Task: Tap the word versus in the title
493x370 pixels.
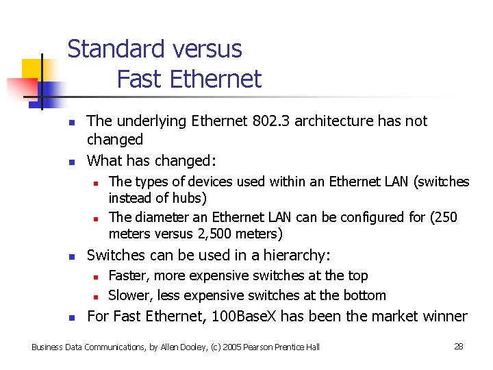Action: tap(208, 49)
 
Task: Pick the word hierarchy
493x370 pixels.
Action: tap(296, 256)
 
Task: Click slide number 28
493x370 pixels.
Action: tap(459, 347)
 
